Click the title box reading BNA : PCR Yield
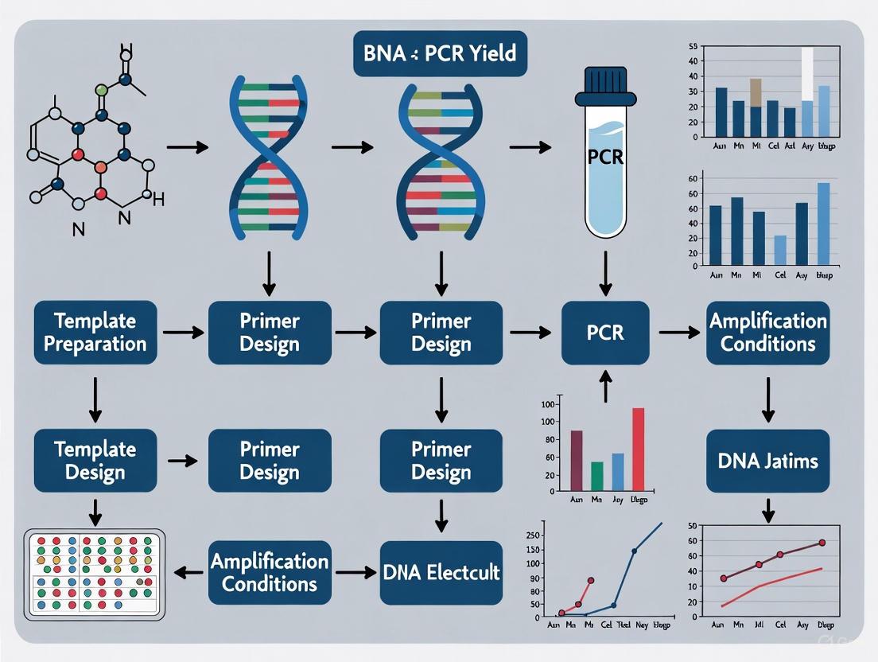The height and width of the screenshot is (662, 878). coord(440,54)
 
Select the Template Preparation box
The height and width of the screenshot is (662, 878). coord(95,333)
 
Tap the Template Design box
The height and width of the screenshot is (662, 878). coord(95,461)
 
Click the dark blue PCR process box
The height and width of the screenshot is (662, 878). coord(605,333)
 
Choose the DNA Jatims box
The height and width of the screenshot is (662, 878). coord(767,461)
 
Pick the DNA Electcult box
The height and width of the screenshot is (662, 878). coord(441,572)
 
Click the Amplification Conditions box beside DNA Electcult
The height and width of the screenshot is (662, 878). coord(269,572)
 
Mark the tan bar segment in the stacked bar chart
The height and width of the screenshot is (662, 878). coord(756,92)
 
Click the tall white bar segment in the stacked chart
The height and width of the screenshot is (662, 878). coord(807,74)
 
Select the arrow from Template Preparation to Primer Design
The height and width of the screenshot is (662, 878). coord(182,333)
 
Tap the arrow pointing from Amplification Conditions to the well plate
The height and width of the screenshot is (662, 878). coord(188,572)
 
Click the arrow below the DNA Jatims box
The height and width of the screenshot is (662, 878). coord(767,510)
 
